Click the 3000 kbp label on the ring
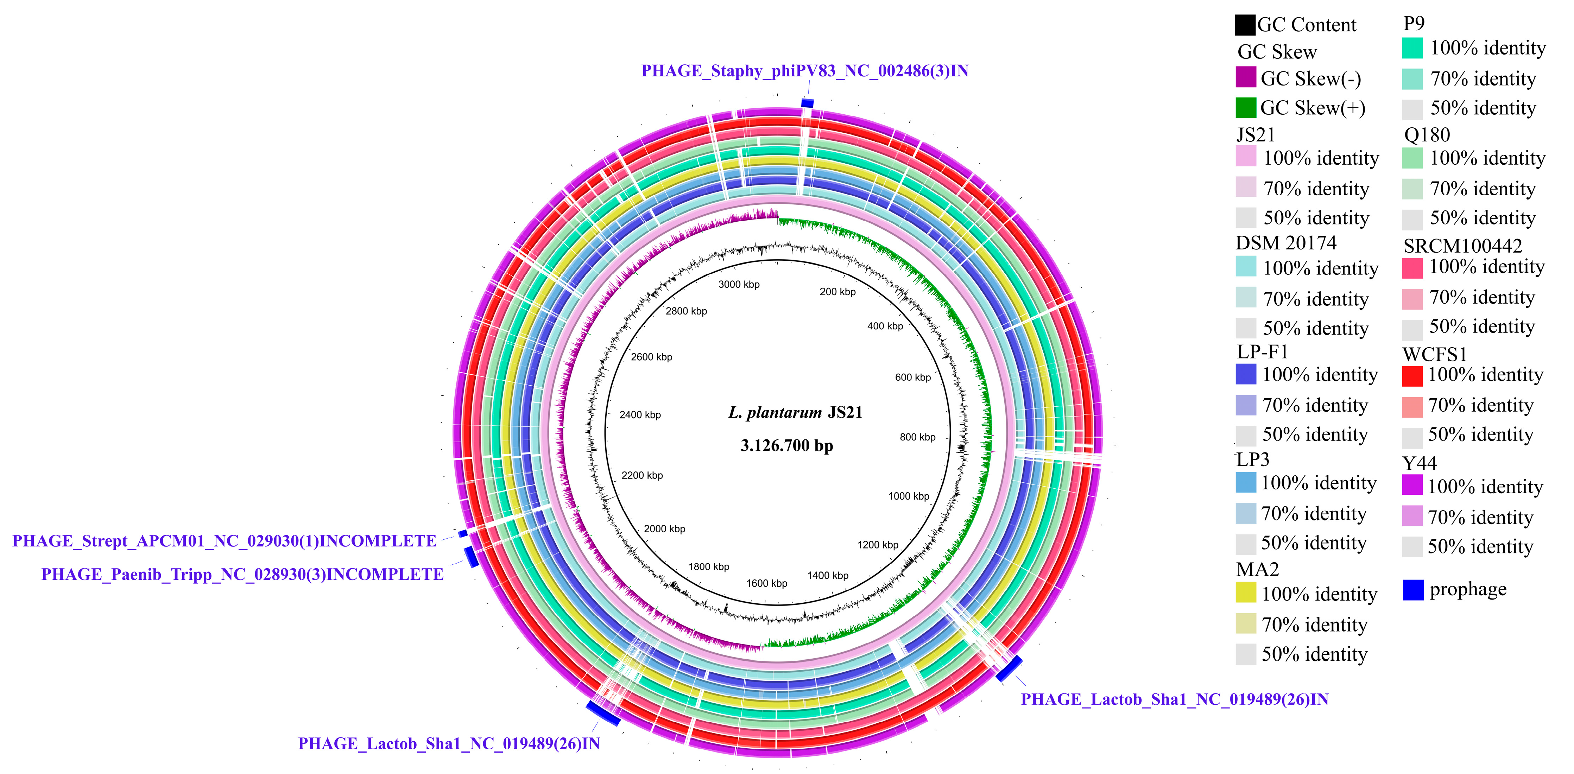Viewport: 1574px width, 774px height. pyautogui.click(x=739, y=285)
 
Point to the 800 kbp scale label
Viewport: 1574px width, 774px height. pyautogui.click(x=917, y=437)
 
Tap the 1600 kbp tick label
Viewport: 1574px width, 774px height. pyautogui.click(x=766, y=583)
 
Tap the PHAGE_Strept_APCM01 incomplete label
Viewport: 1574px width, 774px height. pyautogui.click(x=224, y=541)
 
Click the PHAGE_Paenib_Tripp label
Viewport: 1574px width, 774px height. pyautogui.click(x=242, y=575)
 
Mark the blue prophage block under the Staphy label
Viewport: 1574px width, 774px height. pyautogui.click(x=807, y=103)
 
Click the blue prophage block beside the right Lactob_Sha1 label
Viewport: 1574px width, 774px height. pyautogui.click(x=1009, y=668)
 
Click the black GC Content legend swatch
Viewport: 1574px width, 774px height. pyautogui.click(x=1245, y=25)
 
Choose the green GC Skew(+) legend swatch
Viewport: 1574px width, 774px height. pyautogui.click(x=1245, y=108)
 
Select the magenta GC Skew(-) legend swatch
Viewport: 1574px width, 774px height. pyautogui.click(x=1245, y=78)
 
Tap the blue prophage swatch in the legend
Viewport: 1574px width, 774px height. pyautogui.click(x=1413, y=590)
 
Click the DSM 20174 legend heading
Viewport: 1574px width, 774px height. pyautogui.click(x=1285, y=243)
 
